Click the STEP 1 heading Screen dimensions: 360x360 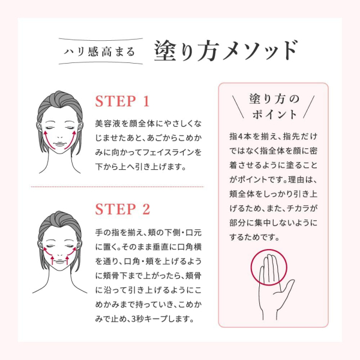[122, 101]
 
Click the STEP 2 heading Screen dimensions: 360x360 [122, 209]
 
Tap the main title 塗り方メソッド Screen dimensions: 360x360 [226, 51]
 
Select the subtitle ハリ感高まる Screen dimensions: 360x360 [99, 52]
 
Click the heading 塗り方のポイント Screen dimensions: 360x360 [274, 107]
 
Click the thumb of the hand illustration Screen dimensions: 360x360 [287, 287]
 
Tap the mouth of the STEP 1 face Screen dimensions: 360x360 [59, 144]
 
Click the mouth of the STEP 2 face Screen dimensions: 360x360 [59, 262]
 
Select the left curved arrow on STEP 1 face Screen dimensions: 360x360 [47, 140]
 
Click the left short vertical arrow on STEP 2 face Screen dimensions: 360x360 [52, 260]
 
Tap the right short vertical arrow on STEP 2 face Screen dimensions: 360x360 [67, 260]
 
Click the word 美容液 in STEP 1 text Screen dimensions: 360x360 [108, 124]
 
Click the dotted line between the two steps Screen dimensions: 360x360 [118, 187]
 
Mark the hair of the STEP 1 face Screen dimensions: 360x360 [59, 101]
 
